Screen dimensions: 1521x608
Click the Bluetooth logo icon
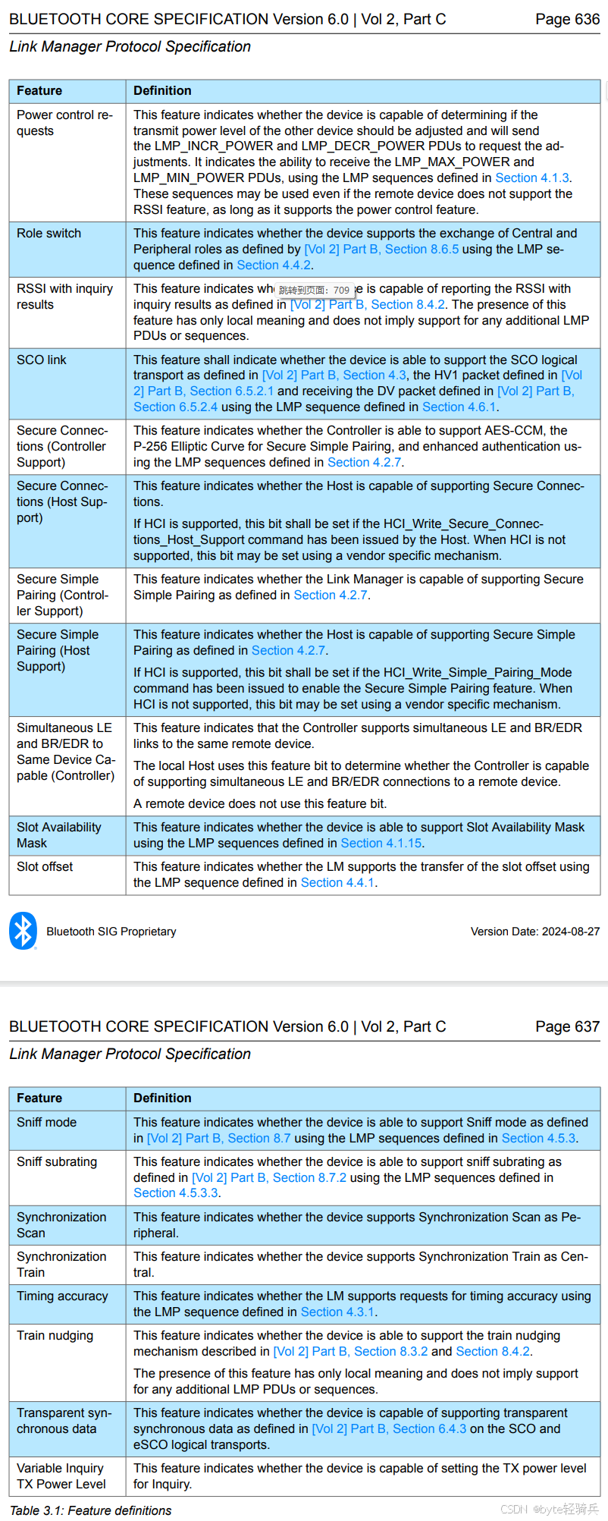(x=24, y=931)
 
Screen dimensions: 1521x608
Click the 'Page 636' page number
(x=567, y=19)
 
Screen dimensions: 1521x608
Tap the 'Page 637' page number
(x=567, y=1026)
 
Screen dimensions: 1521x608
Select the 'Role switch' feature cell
(x=49, y=234)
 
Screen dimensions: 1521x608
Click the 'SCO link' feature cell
(x=42, y=360)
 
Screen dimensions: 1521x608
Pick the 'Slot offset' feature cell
(x=45, y=866)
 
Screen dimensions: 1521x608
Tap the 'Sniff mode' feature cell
(x=47, y=1122)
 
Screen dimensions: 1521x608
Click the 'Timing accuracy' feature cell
(x=62, y=1296)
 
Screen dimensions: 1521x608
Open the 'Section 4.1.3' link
(x=531, y=178)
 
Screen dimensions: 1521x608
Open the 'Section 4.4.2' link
(x=274, y=265)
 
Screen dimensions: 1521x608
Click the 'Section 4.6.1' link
(x=459, y=407)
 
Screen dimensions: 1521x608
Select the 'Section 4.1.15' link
(x=381, y=843)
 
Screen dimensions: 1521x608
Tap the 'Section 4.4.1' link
(x=337, y=882)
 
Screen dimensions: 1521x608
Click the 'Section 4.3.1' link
(x=337, y=1312)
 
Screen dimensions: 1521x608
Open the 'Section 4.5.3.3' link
(x=176, y=1193)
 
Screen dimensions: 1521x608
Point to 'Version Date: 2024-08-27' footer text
(x=534, y=932)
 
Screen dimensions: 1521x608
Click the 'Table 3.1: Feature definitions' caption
(x=91, y=1510)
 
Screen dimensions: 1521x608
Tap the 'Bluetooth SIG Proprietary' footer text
(x=111, y=932)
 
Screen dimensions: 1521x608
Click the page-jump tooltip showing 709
(x=314, y=290)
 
